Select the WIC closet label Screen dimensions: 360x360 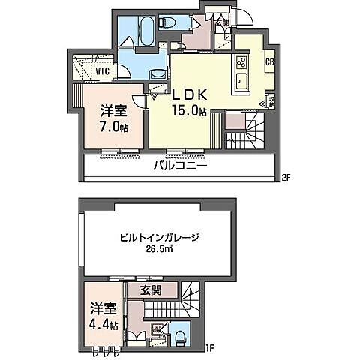[x=103, y=71]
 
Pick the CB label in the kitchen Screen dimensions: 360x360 [x=268, y=63]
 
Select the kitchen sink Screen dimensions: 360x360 [x=243, y=80]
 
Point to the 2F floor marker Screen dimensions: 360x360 [x=285, y=178]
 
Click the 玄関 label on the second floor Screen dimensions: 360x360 [x=222, y=21]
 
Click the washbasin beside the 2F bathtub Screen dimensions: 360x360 [x=158, y=73]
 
